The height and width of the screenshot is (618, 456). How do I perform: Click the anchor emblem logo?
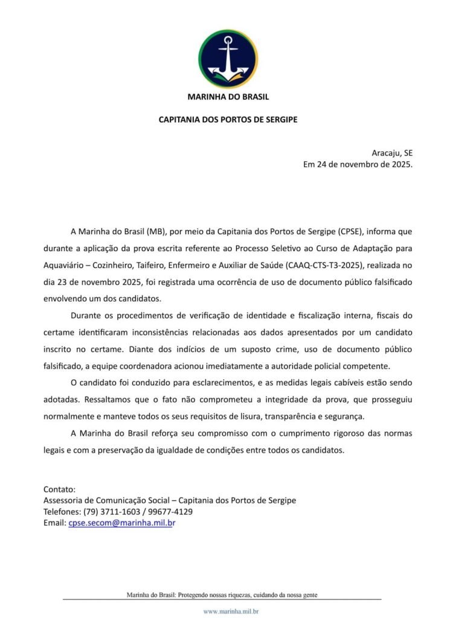(228, 59)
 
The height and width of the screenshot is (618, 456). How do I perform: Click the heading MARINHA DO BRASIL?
(228, 97)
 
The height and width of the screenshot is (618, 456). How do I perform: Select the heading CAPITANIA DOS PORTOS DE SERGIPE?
(228, 119)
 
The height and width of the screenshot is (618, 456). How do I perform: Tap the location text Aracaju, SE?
(392, 153)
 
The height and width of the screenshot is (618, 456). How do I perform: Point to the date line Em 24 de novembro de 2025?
(358, 165)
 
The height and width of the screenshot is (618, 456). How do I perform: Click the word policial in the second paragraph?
(321, 366)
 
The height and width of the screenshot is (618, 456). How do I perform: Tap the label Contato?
(59, 489)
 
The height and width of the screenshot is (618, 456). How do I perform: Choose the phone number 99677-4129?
(172, 512)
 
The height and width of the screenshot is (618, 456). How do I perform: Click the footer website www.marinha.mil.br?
(231, 611)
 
